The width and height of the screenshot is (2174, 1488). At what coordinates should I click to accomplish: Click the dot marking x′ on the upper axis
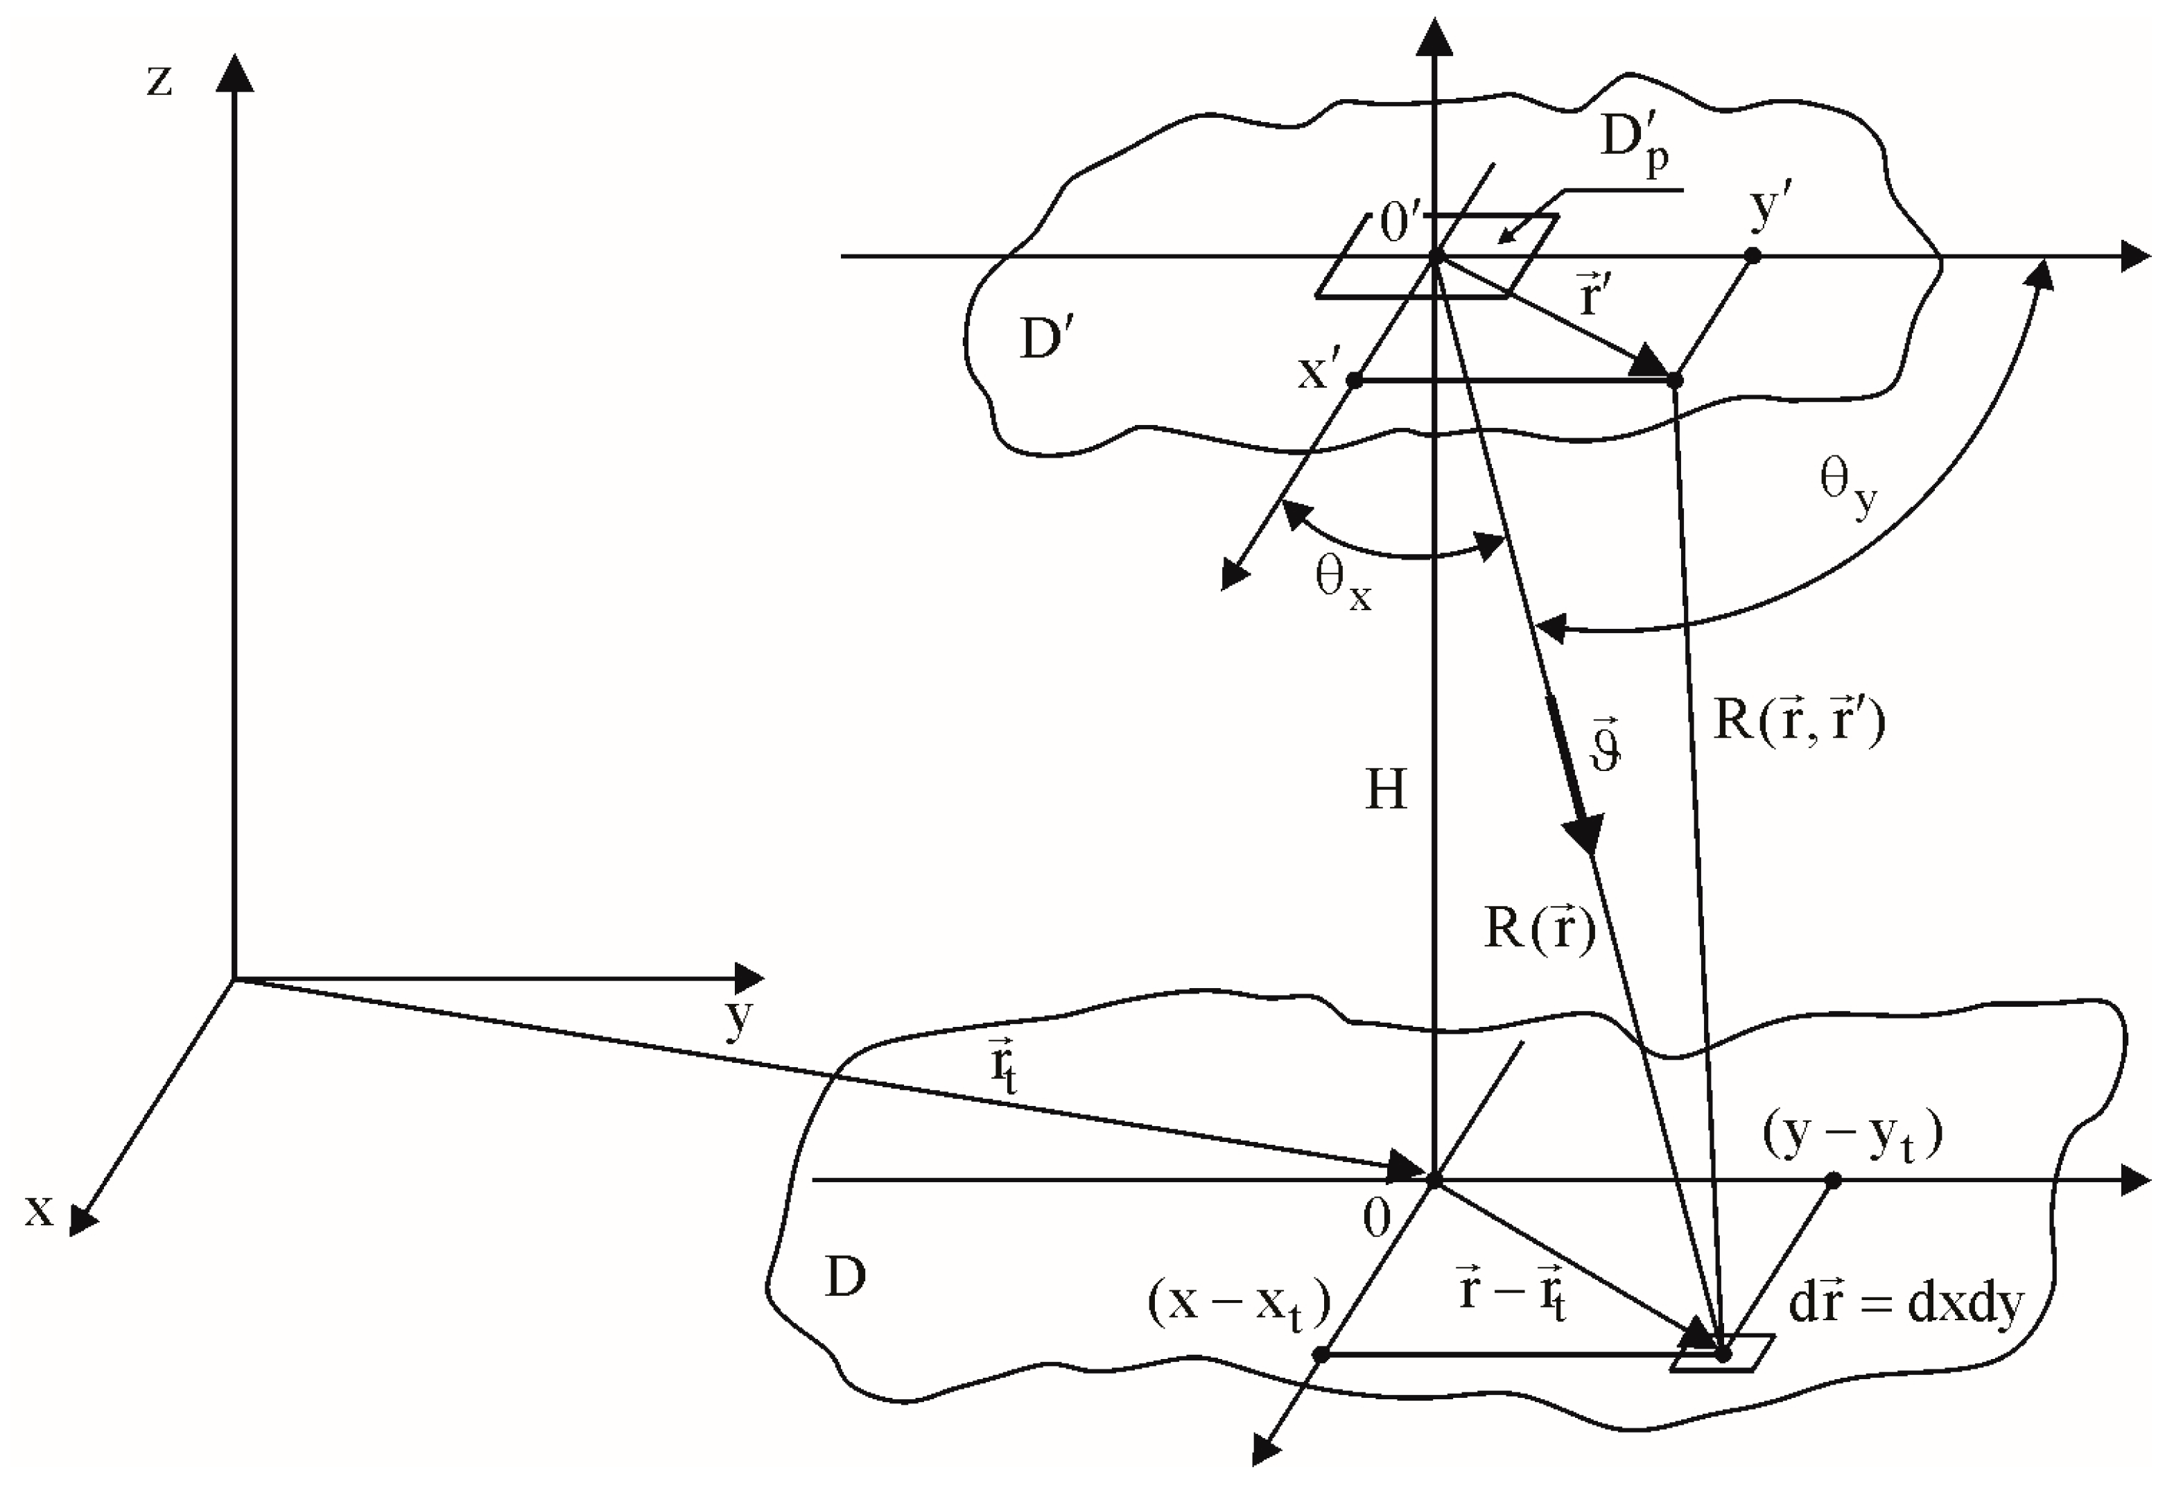point(1354,381)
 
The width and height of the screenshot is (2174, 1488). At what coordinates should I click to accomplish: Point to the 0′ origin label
point(1400,225)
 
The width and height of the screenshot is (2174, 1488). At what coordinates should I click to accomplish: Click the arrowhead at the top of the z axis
point(235,73)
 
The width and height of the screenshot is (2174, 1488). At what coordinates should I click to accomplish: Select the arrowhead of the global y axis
point(750,979)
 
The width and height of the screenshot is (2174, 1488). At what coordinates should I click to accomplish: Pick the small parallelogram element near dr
point(1722,1353)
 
